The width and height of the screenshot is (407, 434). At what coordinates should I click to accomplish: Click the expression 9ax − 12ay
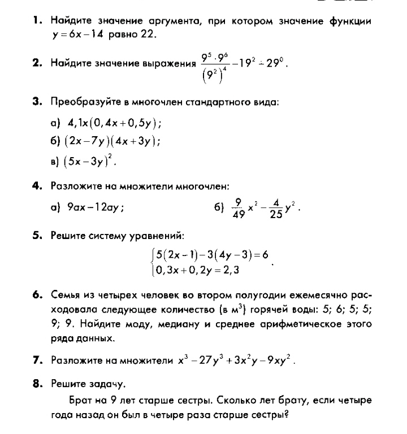click(94, 207)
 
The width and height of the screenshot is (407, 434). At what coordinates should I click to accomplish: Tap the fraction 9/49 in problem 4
click(237, 207)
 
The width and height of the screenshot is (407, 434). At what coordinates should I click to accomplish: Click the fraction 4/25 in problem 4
click(276, 207)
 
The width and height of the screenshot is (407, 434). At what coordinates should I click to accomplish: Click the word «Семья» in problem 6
click(66, 296)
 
